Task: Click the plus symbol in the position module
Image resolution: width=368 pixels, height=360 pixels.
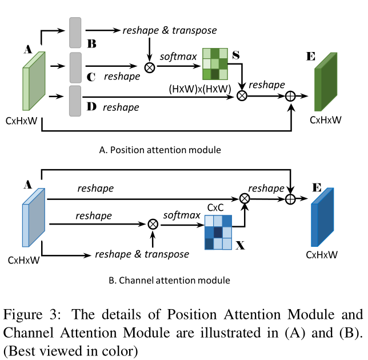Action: pos(291,97)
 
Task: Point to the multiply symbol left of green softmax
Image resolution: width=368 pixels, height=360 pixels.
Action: pos(150,67)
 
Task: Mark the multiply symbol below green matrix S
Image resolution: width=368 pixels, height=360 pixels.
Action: pos(242,97)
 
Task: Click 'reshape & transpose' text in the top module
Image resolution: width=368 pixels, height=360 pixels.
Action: pos(170,30)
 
